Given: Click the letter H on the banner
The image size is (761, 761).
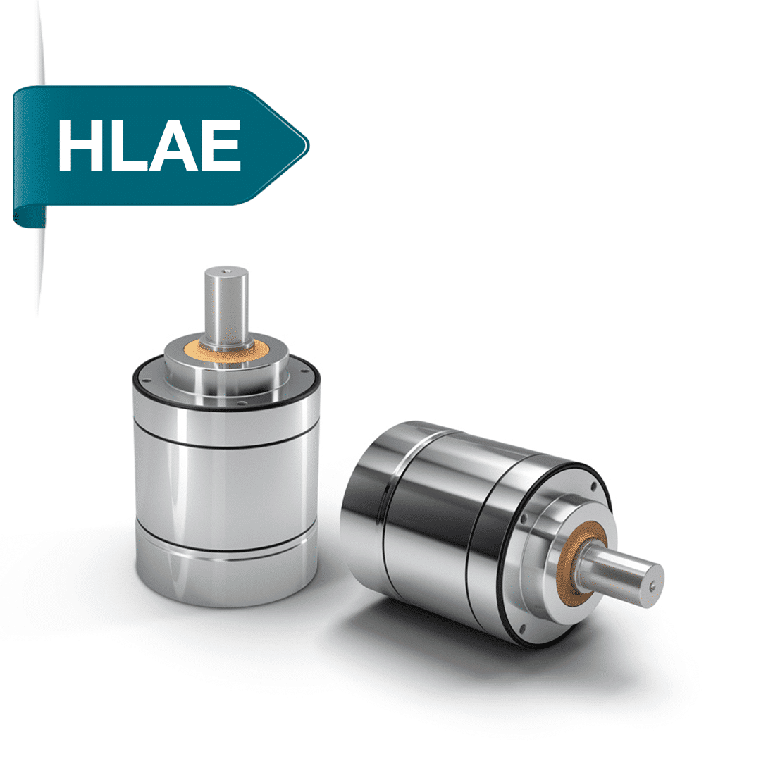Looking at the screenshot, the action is [80, 146].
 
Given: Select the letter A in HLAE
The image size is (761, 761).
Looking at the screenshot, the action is [173, 146].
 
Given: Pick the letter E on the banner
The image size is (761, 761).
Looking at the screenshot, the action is [221, 146].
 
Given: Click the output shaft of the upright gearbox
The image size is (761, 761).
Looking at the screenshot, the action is [226, 307].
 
